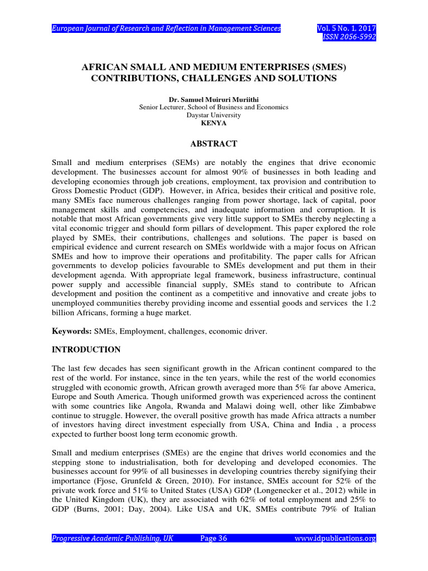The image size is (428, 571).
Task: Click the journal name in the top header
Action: (x=166, y=28)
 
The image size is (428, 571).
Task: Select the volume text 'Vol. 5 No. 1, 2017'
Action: (x=346, y=28)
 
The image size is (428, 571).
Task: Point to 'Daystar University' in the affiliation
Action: (x=214, y=115)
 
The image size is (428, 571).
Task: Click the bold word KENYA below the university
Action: (x=214, y=123)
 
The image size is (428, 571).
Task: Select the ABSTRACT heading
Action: (x=214, y=143)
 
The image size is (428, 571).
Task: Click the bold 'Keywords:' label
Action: (x=71, y=331)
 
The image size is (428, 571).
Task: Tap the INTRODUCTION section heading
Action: (x=86, y=350)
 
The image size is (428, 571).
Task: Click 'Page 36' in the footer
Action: (x=213, y=538)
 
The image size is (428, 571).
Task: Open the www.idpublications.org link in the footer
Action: (x=334, y=538)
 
